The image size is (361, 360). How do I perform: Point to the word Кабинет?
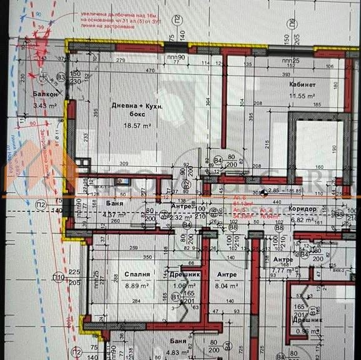[x=302, y=84]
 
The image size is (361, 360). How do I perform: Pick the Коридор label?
[x=304, y=209]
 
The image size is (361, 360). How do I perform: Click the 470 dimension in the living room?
[x=151, y=71]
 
